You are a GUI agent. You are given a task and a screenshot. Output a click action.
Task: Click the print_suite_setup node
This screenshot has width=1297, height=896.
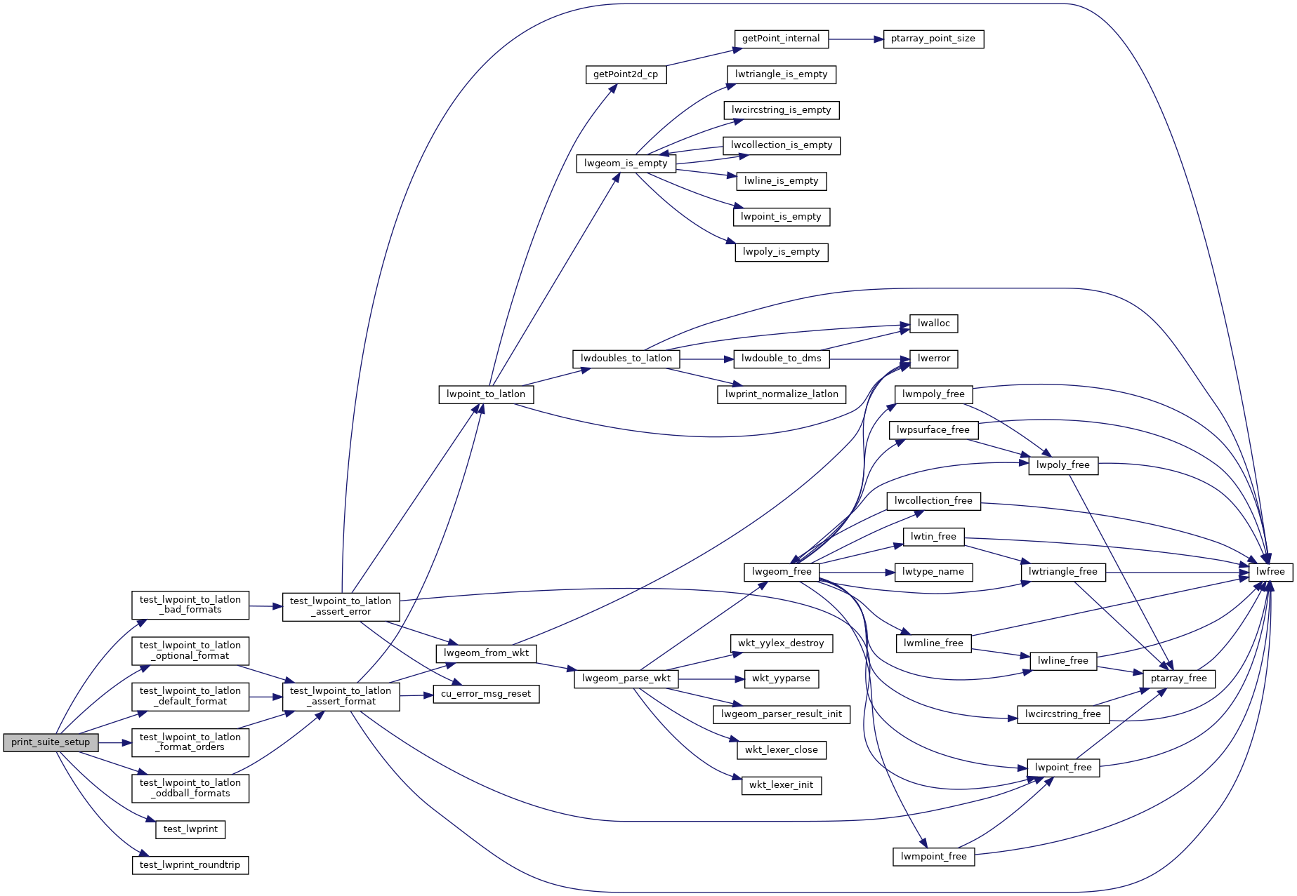tap(51, 742)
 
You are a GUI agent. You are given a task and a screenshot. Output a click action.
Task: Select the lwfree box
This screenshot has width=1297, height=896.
tap(1270, 572)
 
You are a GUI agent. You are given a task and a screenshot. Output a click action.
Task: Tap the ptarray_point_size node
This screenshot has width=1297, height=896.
tap(933, 39)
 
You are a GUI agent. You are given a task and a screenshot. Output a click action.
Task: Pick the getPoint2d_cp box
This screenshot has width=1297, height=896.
tap(626, 74)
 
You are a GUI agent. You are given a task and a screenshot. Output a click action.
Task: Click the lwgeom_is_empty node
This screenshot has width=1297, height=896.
tap(626, 163)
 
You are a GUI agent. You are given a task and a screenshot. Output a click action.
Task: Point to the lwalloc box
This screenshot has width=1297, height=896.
tap(933, 323)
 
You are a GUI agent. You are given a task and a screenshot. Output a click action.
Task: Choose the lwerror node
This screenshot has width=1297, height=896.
tap(933, 359)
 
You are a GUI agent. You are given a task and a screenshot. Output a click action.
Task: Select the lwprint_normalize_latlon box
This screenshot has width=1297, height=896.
tap(782, 394)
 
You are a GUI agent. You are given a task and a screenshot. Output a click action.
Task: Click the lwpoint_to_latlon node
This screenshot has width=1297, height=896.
tap(486, 394)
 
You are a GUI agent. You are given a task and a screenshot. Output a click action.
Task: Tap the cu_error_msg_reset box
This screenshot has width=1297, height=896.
tap(486, 694)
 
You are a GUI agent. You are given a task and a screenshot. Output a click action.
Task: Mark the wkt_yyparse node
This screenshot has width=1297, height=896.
tap(781, 678)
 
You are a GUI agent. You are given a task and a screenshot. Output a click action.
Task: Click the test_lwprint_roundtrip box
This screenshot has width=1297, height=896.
tap(190, 865)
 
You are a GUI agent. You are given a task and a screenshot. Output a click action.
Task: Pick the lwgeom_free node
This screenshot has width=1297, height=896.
tap(782, 572)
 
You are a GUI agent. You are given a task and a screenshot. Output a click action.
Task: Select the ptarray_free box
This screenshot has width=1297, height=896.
tap(1178, 678)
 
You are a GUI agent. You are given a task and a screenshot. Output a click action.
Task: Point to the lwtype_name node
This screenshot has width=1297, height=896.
tap(933, 572)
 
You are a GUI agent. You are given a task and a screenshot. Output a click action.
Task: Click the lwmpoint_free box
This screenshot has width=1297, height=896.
tap(933, 857)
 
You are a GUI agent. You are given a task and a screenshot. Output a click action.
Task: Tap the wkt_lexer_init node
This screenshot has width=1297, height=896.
tap(781, 785)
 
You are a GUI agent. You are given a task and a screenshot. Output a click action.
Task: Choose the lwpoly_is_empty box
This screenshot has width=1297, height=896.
tap(781, 252)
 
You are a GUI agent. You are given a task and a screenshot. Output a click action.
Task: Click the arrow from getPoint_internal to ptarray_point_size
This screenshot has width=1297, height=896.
tap(855, 39)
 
